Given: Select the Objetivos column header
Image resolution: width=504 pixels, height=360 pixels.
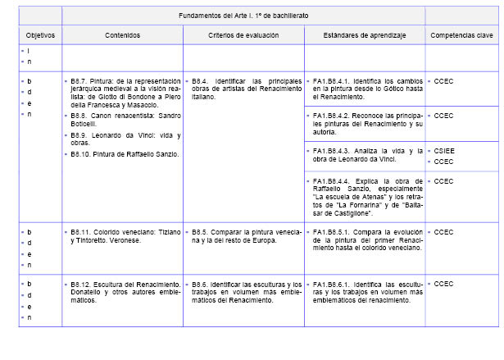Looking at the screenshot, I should [x=39, y=36].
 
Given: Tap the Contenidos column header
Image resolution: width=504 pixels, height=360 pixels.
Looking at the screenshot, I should [x=122, y=36].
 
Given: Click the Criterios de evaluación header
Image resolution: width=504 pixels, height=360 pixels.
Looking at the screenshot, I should [x=243, y=36].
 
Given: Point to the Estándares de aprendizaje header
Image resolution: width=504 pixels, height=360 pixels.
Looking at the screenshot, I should [x=364, y=36].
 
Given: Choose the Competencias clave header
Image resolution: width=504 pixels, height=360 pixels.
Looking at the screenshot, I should [x=461, y=36].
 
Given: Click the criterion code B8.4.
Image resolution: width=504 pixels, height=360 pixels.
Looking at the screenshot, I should [x=201, y=81].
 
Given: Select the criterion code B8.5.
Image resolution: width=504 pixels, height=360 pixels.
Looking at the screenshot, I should [x=201, y=232].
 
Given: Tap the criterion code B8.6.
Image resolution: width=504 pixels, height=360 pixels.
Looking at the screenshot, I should [x=201, y=284].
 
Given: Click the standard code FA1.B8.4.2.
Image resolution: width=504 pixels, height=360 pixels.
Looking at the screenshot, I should [x=331, y=116].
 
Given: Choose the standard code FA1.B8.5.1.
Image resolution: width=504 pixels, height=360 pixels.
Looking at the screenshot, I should [x=331, y=232].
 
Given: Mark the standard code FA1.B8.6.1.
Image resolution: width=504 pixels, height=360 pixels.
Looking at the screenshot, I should [x=331, y=284].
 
